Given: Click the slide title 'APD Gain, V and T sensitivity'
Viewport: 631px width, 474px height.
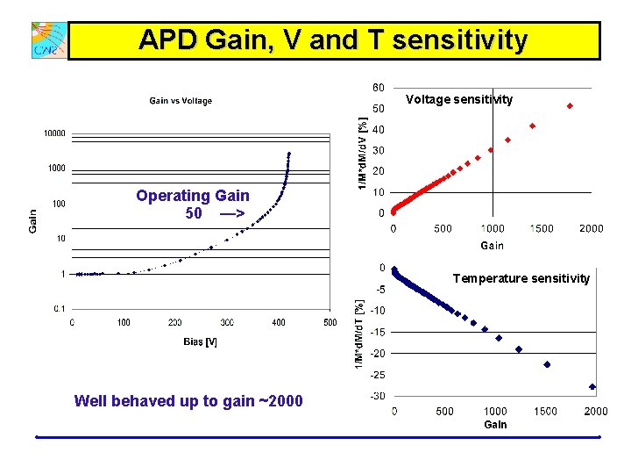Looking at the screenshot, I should pos(333,40).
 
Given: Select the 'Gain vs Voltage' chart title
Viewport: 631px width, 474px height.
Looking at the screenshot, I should pos(181,101).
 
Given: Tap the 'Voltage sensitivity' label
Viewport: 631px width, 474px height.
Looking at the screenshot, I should pos(459,100).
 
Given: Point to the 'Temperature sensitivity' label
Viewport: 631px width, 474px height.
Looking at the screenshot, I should pos(521,278).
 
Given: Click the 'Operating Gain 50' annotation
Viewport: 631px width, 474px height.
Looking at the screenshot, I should pos(193,205).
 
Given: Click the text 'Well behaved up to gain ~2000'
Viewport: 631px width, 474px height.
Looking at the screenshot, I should pos(188,401).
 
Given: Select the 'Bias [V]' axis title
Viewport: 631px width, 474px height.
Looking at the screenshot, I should pos(200,341).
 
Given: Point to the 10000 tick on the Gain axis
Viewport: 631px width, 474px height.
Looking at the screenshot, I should pos(54,133).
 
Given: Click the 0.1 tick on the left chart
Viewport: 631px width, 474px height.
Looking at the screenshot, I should pos(58,308).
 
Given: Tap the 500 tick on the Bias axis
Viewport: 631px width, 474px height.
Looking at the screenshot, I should pos(330,322).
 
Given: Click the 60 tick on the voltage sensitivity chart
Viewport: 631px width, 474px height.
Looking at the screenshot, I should pos(377,88).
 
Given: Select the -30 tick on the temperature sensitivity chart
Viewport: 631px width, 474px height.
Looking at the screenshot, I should pos(377,396).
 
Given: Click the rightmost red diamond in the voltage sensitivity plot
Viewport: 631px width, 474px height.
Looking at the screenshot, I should pos(570,106).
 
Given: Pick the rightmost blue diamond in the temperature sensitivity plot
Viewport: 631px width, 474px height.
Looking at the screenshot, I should pos(592,386).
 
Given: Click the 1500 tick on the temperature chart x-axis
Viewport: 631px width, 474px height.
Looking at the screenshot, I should pos(545,411).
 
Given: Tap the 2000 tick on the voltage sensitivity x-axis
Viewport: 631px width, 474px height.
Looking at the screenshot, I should pos(591,228).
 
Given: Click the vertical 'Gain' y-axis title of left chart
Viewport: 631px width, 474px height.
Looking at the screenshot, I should pos(32,219).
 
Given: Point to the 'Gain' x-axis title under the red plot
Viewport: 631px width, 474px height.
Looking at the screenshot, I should pos(492,245).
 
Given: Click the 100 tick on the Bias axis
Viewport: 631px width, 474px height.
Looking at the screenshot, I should pos(124,322).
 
